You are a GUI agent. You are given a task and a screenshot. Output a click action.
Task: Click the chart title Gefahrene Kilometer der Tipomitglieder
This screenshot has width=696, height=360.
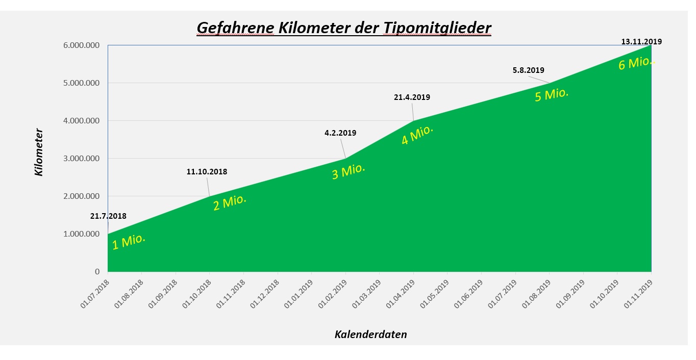pos(343,28)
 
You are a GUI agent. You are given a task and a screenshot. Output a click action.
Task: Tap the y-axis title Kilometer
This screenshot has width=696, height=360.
pos(39,152)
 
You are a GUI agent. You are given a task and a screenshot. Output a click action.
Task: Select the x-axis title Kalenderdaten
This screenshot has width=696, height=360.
pos(370,335)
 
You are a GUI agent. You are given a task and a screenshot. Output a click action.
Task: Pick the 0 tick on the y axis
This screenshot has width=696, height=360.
pos(97,272)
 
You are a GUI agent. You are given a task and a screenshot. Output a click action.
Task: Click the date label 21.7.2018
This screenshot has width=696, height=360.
pos(108,216)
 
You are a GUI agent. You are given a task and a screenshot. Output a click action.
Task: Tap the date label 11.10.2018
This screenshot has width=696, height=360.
pos(207,172)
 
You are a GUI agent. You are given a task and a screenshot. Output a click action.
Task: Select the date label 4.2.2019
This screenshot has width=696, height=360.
pos(340,133)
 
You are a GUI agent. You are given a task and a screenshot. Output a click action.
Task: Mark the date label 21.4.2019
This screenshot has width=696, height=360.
pos(412,97)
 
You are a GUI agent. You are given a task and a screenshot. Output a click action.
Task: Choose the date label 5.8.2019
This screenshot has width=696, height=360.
pos(528,70)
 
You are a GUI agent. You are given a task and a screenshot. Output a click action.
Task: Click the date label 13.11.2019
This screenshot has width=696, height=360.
pos(641,42)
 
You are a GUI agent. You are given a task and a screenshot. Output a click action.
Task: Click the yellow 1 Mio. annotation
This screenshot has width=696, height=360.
pos(129,241)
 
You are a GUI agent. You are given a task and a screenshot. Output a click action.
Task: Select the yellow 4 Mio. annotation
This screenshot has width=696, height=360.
pos(417,135)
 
